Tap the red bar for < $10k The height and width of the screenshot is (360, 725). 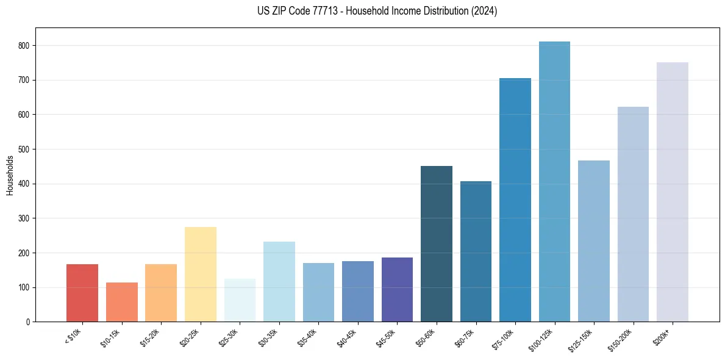pyautogui.click(x=82, y=293)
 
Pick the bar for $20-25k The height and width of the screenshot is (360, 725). pyautogui.click(x=201, y=275)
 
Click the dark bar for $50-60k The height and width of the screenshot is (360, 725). pyautogui.click(x=437, y=244)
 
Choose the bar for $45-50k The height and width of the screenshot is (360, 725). pyautogui.click(x=397, y=290)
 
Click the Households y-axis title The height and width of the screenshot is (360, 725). pyautogui.click(x=10, y=175)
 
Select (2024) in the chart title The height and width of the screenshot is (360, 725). pyautogui.click(x=484, y=11)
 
